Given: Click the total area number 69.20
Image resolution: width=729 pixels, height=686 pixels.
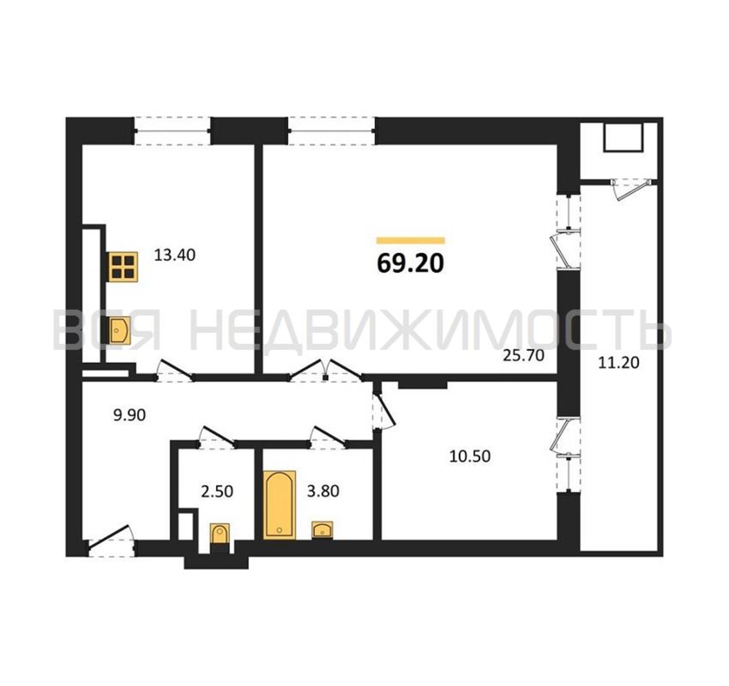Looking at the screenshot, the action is [410, 263].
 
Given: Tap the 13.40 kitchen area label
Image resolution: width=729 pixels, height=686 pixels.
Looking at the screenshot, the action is [175, 255].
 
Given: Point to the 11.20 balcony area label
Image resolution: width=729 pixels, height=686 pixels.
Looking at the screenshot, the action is [619, 363].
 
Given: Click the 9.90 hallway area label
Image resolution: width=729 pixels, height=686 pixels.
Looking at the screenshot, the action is [129, 415].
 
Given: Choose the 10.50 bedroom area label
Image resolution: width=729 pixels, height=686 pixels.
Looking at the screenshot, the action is [470, 457].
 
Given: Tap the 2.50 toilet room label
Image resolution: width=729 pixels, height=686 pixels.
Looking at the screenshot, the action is [217, 492].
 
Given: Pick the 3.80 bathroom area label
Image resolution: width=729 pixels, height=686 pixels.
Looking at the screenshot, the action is [323, 491].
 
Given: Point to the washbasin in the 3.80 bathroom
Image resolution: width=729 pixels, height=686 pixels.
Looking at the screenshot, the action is [322, 530].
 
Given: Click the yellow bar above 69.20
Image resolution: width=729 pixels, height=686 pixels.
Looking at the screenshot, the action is [411, 240].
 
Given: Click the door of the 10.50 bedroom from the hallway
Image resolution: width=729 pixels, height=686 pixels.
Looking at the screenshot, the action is [383, 411].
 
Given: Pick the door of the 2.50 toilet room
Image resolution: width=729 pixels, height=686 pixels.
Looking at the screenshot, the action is [216, 436].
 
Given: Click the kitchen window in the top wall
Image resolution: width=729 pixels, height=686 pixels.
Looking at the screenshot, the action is [172, 131].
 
